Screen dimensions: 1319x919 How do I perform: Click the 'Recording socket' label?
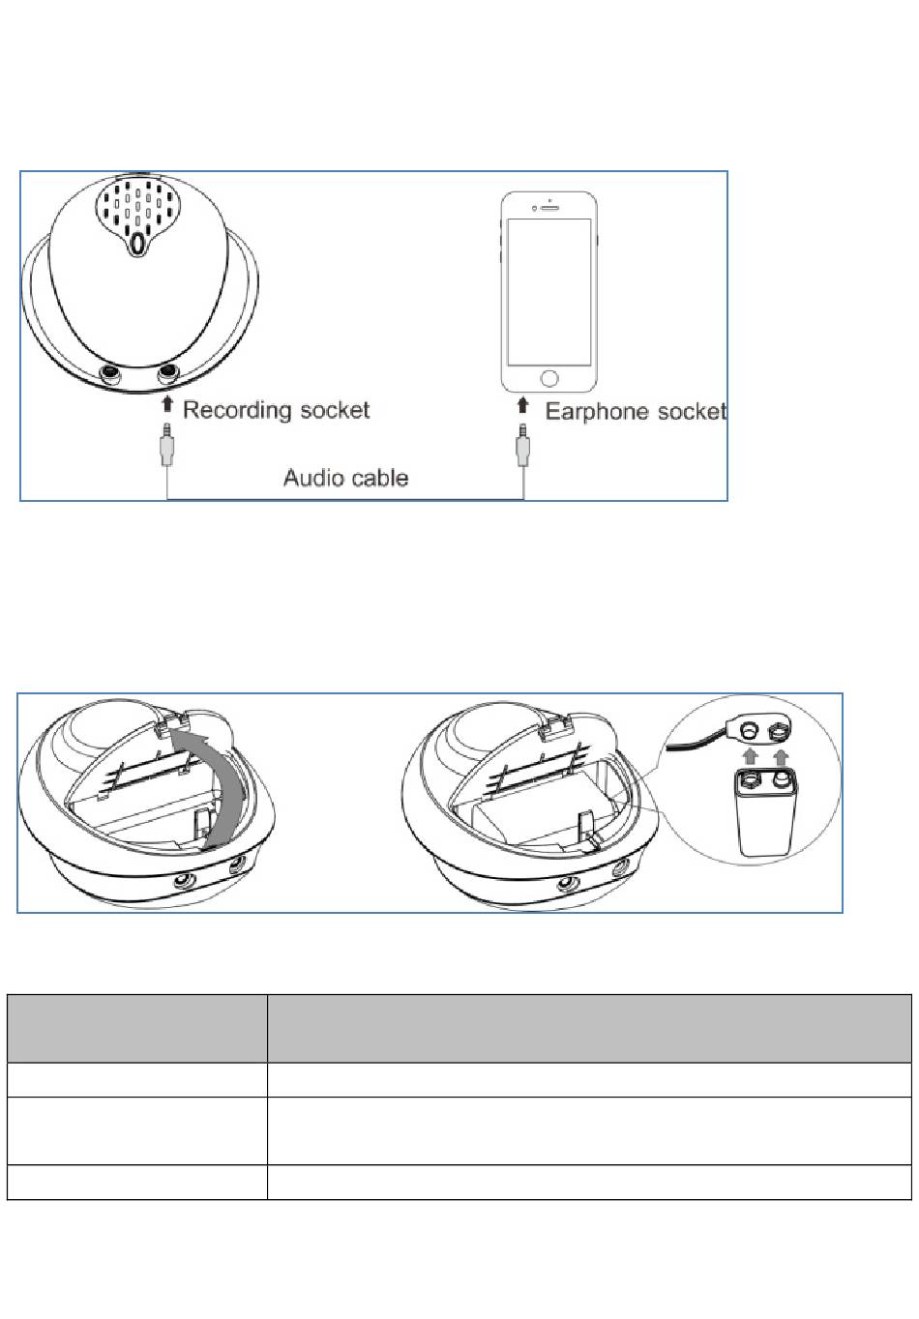point(276,410)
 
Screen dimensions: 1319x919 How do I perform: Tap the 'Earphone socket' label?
point(636,412)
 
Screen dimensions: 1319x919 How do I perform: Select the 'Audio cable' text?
point(345,478)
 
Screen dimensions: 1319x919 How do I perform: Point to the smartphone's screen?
point(548,291)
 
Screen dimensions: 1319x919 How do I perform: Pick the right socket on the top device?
point(169,372)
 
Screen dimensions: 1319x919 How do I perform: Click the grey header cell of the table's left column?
point(136,1029)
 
